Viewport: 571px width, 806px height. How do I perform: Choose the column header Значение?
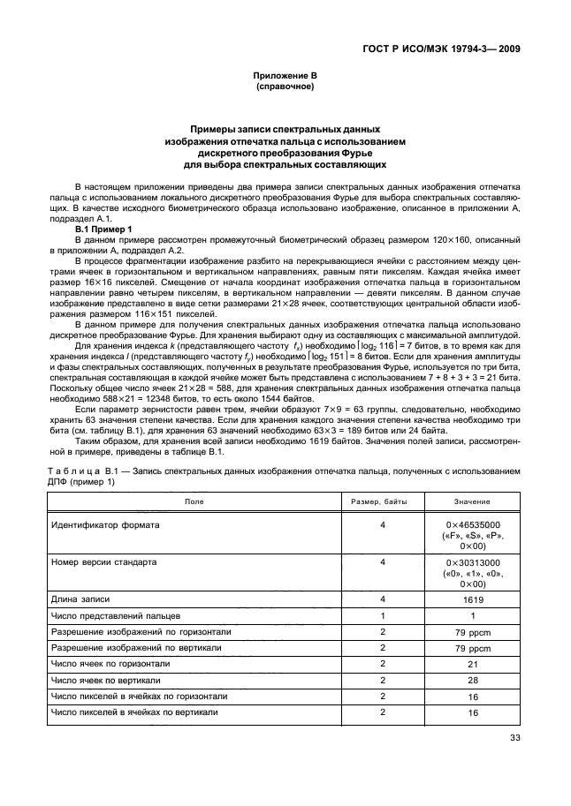click(473, 501)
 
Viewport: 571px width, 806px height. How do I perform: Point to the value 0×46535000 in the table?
click(473, 524)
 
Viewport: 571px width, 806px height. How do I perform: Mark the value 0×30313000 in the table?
click(473, 561)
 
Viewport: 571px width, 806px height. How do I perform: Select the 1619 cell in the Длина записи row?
click(473, 599)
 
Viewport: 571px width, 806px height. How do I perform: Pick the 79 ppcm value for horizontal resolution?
click(473, 633)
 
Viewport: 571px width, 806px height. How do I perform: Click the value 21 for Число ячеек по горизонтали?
click(473, 664)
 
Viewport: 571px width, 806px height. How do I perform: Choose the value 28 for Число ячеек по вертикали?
click(473, 681)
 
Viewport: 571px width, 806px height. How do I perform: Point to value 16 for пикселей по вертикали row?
click(473, 712)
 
